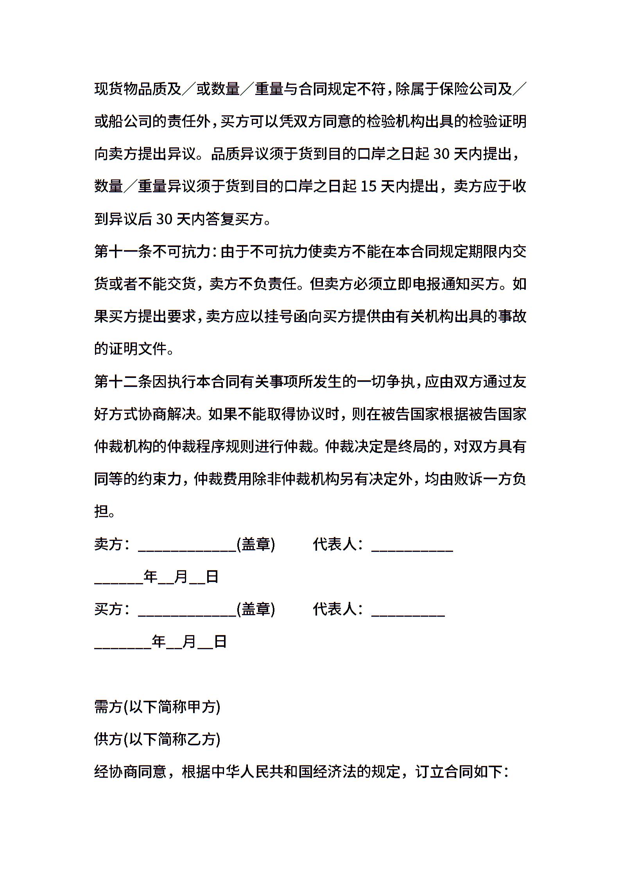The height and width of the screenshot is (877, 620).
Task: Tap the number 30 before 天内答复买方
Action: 164,219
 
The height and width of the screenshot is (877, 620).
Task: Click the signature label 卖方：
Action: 112,544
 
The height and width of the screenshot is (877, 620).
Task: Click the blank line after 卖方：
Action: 187,546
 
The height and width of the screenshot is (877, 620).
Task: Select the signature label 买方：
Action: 112,609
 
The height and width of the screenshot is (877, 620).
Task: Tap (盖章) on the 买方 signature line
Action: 256,609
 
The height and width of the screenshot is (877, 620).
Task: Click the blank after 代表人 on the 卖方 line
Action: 412,546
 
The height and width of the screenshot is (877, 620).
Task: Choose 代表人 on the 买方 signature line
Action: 335,609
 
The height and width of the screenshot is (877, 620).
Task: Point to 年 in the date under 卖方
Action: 151,576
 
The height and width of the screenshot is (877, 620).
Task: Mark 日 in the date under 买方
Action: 220,641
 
